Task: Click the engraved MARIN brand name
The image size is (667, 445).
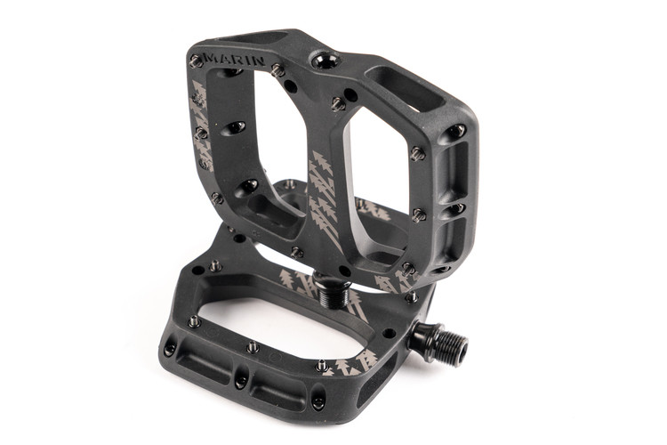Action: (x=235, y=60)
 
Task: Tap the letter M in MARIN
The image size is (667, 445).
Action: (x=212, y=58)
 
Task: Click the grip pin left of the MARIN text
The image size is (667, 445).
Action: (x=197, y=61)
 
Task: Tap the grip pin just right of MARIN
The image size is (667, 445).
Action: (x=277, y=69)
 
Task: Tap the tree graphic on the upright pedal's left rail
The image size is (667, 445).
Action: (x=201, y=123)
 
